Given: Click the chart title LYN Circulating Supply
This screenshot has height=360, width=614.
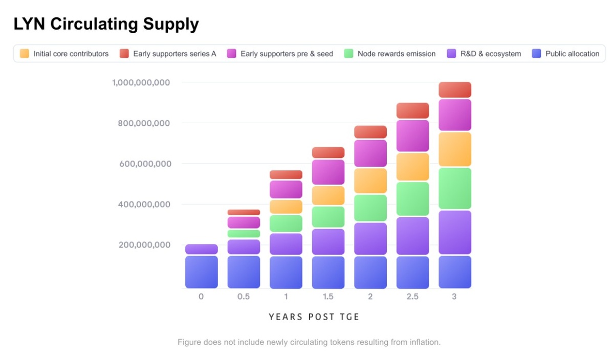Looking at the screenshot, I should point(106,24).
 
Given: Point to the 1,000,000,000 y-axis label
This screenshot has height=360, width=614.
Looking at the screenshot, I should point(141,82).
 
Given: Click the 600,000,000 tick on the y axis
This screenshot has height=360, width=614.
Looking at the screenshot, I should point(144,164).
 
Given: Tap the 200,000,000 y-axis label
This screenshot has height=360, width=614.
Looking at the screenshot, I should point(144,245).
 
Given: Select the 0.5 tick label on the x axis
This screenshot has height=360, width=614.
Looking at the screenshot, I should point(244,297).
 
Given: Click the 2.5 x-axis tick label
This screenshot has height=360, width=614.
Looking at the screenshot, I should point(412,297).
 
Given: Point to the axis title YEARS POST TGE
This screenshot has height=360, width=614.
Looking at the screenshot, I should point(314,317).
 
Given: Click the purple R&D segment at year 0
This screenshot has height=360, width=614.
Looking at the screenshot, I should point(201,250).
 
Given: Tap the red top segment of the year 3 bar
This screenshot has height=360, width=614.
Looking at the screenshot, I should point(454,90).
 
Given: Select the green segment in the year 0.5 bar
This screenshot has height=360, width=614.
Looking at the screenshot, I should point(244,234).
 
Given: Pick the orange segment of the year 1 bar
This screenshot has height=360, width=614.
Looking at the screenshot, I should point(286,207).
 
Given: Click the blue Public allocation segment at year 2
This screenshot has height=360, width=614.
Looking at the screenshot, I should point(370,272).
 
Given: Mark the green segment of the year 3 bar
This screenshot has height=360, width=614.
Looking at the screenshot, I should point(454,188).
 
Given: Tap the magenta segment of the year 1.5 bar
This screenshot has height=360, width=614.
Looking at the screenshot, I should point(328,172).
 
